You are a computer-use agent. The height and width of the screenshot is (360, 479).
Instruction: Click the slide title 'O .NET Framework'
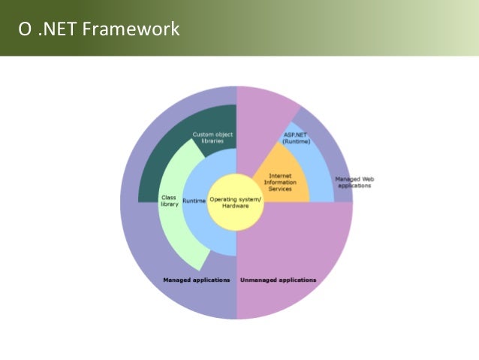click(x=99, y=30)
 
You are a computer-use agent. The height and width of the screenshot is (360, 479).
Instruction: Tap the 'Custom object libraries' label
click(x=212, y=138)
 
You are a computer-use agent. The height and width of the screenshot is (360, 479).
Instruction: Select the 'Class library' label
click(x=170, y=201)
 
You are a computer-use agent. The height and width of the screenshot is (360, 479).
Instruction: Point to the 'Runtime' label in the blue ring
click(x=194, y=201)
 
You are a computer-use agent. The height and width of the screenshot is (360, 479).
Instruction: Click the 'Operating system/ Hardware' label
click(x=236, y=201)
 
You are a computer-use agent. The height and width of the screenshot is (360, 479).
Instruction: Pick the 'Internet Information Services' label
click(x=280, y=182)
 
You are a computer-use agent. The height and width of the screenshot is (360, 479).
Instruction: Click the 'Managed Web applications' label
click(x=354, y=182)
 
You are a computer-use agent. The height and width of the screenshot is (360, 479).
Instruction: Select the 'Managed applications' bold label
click(x=197, y=280)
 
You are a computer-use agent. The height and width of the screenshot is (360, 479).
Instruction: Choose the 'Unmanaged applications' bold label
click(x=278, y=280)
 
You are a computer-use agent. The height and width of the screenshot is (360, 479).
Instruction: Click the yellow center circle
click(x=236, y=214)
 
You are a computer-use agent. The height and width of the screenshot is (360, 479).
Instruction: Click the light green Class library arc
click(x=180, y=233)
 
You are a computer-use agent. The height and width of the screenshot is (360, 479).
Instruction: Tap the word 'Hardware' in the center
click(x=236, y=205)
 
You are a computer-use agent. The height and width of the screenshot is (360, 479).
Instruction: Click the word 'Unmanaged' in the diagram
click(x=258, y=280)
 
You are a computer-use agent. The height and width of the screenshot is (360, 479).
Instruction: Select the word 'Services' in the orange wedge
click(x=280, y=188)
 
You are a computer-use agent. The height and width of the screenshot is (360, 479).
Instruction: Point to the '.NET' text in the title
click(x=56, y=30)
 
